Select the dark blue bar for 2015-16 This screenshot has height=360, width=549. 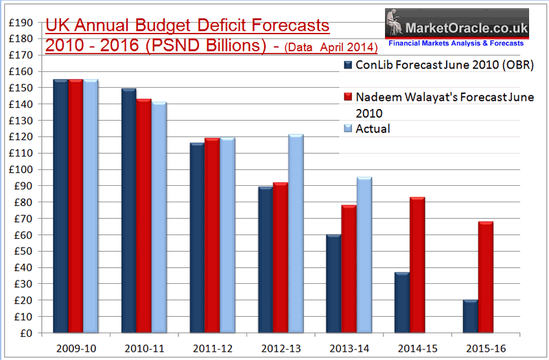click(470, 317)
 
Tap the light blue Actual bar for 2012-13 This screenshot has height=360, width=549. click(296, 234)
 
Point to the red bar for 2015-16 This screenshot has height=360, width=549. click(485, 278)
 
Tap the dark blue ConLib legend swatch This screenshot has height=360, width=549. click(348, 65)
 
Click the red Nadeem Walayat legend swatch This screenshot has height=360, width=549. click(348, 97)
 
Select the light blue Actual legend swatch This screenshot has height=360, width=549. click(348, 128)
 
